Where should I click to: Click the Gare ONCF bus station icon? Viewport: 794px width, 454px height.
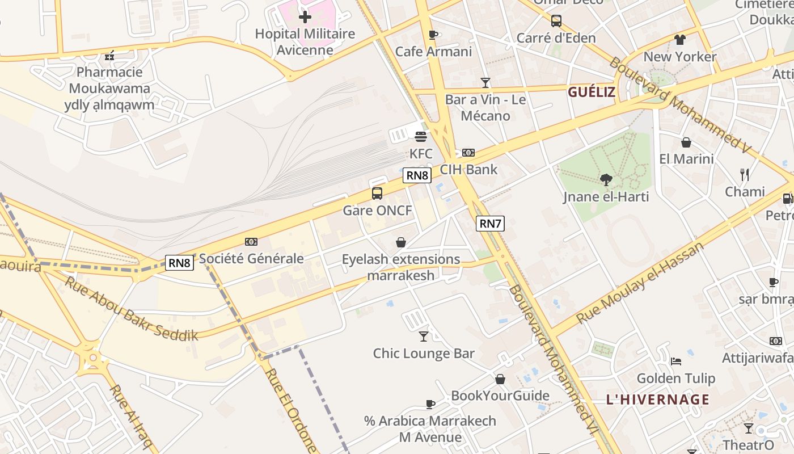click(x=377, y=194)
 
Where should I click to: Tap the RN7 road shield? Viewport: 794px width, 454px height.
click(x=490, y=224)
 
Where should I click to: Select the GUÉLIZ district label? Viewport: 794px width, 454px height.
click(x=592, y=93)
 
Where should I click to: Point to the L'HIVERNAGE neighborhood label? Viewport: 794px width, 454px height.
click(x=658, y=400)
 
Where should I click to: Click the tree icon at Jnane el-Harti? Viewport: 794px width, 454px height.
click(x=606, y=180)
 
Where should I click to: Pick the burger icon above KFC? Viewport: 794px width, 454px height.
click(x=421, y=136)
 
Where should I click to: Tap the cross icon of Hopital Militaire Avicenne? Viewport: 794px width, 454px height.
click(x=305, y=16)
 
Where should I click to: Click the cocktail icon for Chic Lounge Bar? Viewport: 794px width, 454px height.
click(x=424, y=337)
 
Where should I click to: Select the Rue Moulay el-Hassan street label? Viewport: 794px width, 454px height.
click(x=639, y=283)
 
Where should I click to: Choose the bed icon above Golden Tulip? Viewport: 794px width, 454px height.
click(x=676, y=361)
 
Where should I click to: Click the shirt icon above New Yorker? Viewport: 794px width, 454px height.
click(x=680, y=40)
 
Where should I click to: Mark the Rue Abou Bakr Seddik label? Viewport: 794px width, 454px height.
click(x=132, y=309)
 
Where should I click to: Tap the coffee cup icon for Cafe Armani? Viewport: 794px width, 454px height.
click(x=434, y=35)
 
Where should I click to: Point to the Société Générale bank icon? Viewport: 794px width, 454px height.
click(x=251, y=242)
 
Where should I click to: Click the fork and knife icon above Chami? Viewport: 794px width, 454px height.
click(x=745, y=175)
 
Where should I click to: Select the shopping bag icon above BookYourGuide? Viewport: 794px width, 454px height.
click(x=500, y=379)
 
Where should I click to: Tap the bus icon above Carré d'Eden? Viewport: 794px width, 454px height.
click(x=556, y=21)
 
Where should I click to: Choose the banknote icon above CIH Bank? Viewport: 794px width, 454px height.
click(x=468, y=153)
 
